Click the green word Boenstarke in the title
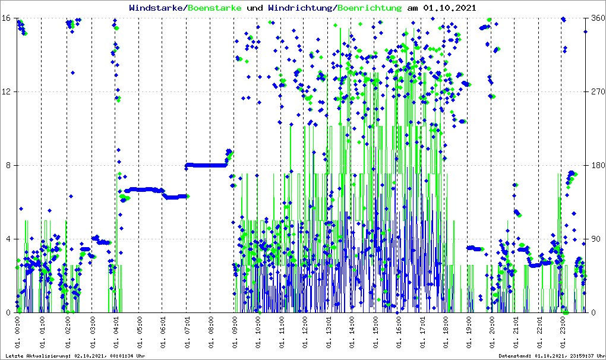[x=215, y=8]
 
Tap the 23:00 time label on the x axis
[x=564, y=330]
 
